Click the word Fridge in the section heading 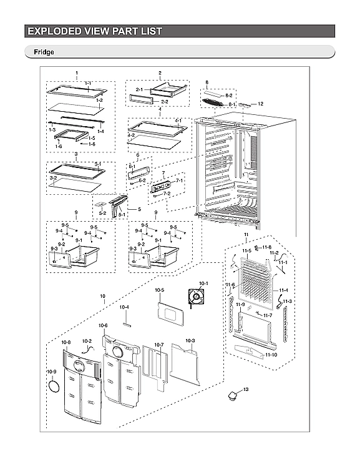tap(37, 53)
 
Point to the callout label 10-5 tap(159, 290)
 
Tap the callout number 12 tap(261, 104)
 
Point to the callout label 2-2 tap(165, 101)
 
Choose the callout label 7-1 tap(180, 180)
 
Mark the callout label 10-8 tap(66, 343)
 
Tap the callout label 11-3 tap(288, 301)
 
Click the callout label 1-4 tap(99, 132)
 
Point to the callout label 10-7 tap(158, 345)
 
